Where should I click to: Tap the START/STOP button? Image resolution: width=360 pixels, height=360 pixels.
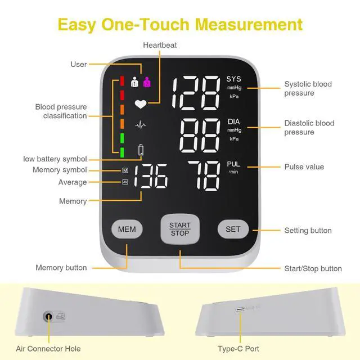(179, 229)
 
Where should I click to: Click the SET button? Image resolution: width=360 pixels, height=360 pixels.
(233, 229)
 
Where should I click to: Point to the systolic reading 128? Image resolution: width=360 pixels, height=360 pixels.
(195, 93)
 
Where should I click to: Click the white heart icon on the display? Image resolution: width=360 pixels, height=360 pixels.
(139, 103)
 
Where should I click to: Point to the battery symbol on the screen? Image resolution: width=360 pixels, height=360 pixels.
(141, 150)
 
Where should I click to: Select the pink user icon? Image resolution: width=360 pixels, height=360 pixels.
(147, 82)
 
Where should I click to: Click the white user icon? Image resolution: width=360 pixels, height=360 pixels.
(134, 82)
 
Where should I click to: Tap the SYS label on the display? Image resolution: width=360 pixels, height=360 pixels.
(233, 79)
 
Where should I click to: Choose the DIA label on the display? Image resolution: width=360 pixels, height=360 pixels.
(233, 121)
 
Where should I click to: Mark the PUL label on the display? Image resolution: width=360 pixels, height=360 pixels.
(233, 164)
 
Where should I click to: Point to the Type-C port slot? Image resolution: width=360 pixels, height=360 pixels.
(241, 309)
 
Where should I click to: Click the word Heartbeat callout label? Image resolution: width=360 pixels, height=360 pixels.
(160, 45)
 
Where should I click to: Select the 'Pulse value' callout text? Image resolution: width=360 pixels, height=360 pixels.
(304, 167)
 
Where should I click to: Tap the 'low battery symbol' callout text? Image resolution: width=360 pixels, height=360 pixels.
(55, 159)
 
